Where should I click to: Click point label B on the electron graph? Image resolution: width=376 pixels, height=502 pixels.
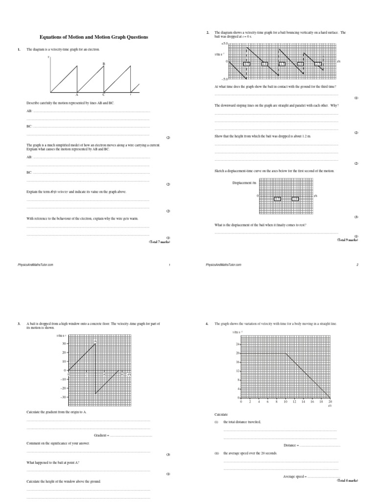[x=103, y=64]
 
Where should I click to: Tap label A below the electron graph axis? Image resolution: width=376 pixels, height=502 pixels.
[x=77, y=95]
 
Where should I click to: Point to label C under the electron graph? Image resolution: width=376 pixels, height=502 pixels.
[x=103, y=95]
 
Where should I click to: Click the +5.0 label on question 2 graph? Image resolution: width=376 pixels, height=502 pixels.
[x=223, y=44]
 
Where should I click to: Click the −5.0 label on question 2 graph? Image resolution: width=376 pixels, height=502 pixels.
[x=223, y=78]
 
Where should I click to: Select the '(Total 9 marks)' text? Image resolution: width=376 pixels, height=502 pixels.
[x=348, y=240]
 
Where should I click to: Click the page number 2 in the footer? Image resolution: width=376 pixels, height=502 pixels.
[x=357, y=264]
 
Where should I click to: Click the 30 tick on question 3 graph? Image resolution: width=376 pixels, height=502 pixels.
[x=64, y=344]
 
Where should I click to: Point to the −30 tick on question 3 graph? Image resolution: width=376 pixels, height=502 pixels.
[x=63, y=397]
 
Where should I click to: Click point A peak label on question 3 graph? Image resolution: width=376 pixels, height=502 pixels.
[x=95, y=340]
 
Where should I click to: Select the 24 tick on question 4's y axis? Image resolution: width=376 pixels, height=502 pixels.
[x=237, y=344]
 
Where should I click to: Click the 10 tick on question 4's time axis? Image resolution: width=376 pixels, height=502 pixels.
[x=285, y=402]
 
